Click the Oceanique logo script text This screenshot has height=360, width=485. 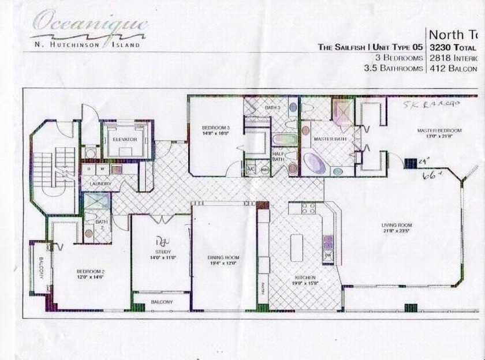(x=89, y=24)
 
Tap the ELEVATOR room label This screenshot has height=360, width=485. (x=125, y=140)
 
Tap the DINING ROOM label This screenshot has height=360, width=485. (x=223, y=258)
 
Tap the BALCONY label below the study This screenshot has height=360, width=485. (x=162, y=302)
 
